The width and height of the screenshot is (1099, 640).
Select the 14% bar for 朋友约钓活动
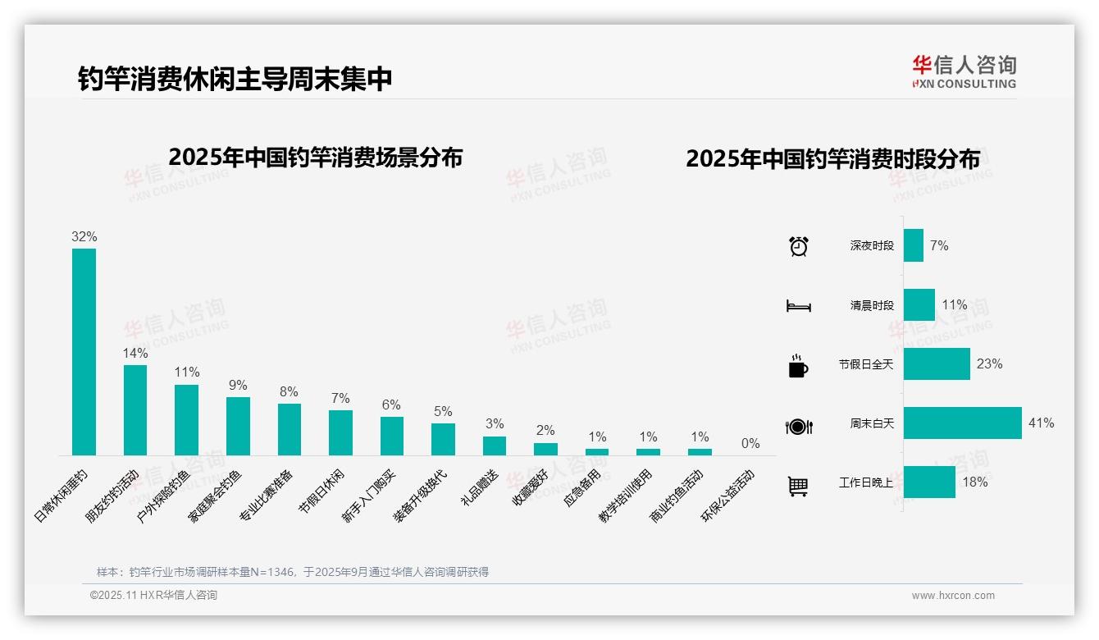click(x=135, y=409)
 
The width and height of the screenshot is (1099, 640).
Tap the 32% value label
click(x=84, y=236)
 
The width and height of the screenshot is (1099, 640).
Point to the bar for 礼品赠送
click(x=494, y=446)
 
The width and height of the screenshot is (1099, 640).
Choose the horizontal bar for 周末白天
click(x=962, y=423)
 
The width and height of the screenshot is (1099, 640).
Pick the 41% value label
click(x=1041, y=423)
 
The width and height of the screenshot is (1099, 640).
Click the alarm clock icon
click(x=798, y=245)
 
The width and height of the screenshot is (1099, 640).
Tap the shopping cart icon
click(x=798, y=486)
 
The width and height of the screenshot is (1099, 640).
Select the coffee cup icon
click(x=798, y=366)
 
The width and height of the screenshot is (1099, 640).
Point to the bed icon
click(x=798, y=306)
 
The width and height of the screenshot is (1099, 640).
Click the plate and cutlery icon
click(x=798, y=426)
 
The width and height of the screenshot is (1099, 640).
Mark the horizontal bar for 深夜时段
click(x=913, y=245)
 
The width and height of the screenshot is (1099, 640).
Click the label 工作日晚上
click(x=866, y=482)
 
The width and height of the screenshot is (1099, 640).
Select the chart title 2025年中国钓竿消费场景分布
click(x=315, y=158)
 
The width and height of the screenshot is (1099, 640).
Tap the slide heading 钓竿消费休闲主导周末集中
click(x=235, y=79)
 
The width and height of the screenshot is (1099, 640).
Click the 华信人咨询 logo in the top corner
click(x=964, y=71)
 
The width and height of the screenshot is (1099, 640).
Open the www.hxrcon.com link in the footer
click(x=953, y=596)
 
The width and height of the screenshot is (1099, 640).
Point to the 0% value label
click(x=750, y=444)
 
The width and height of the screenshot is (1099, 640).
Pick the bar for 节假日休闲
click(x=340, y=432)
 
